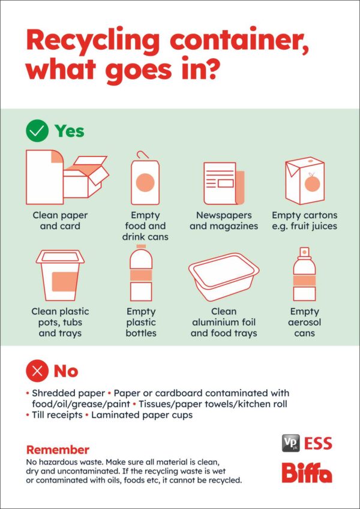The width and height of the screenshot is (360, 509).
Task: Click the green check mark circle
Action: pyautogui.click(x=37, y=131)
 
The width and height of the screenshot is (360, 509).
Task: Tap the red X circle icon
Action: pyautogui.click(x=37, y=371)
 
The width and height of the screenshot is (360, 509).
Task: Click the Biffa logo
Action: pyautogui.click(x=307, y=472)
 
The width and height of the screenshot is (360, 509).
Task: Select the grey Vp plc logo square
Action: pyautogui.click(x=291, y=444)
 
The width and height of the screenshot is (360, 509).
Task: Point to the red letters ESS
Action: pyautogui.click(x=318, y=444)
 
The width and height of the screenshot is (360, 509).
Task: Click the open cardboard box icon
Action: pyautogui.click(x=86, y=177)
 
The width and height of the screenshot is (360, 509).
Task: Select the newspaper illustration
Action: pyautogui.click(x=224, y=183)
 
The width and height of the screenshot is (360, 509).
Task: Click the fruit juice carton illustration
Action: pyautogui.click(x=305, y=180)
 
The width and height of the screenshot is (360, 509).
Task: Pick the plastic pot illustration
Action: pyautogui.click(x=60, y=275)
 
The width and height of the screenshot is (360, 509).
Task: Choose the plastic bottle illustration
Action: pyautogui.click(x=141, y=273)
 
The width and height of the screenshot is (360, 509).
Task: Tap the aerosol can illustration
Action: pyautogui.click(x=304, y=274)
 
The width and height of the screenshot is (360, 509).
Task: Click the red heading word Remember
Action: pyautogui.click(x=58, y=450)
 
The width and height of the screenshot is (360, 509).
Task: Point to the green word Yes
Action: pyautogui.click(x=70, y=131)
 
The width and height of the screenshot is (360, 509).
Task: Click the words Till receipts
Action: pyautogui.click(x=57, y=415)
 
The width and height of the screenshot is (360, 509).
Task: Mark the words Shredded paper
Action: pyautogui.click(x=68, y=393)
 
